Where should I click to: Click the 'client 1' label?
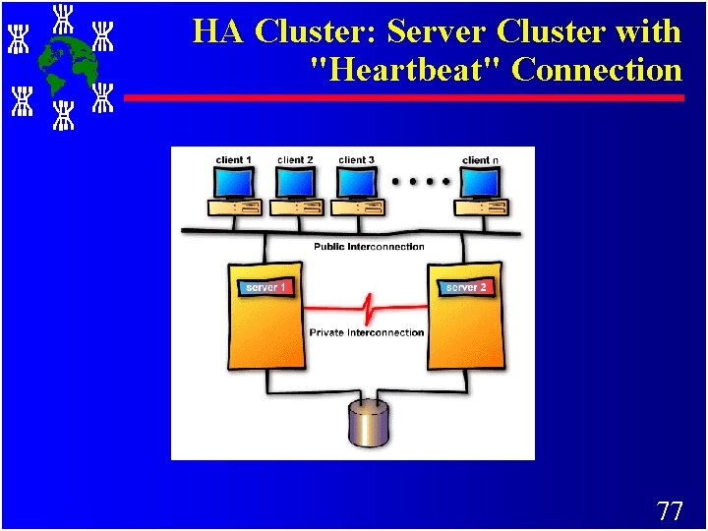click(234, 160)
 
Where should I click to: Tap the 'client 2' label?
click(295, 160)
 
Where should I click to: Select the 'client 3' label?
click(356, 160)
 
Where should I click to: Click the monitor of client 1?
click(234, 182)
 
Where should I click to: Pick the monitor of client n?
click(480, 182)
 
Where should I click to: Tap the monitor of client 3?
click(356, 182)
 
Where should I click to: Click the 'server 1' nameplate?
click(266, 287)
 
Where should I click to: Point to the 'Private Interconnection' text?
click(367, 332)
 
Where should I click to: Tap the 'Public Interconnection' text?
click(369, 246)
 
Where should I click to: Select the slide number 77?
click(669, 510)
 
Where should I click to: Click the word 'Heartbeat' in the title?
click(406, 70)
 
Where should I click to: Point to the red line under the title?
click(403, 98)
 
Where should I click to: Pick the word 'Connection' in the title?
click(597, 70)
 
